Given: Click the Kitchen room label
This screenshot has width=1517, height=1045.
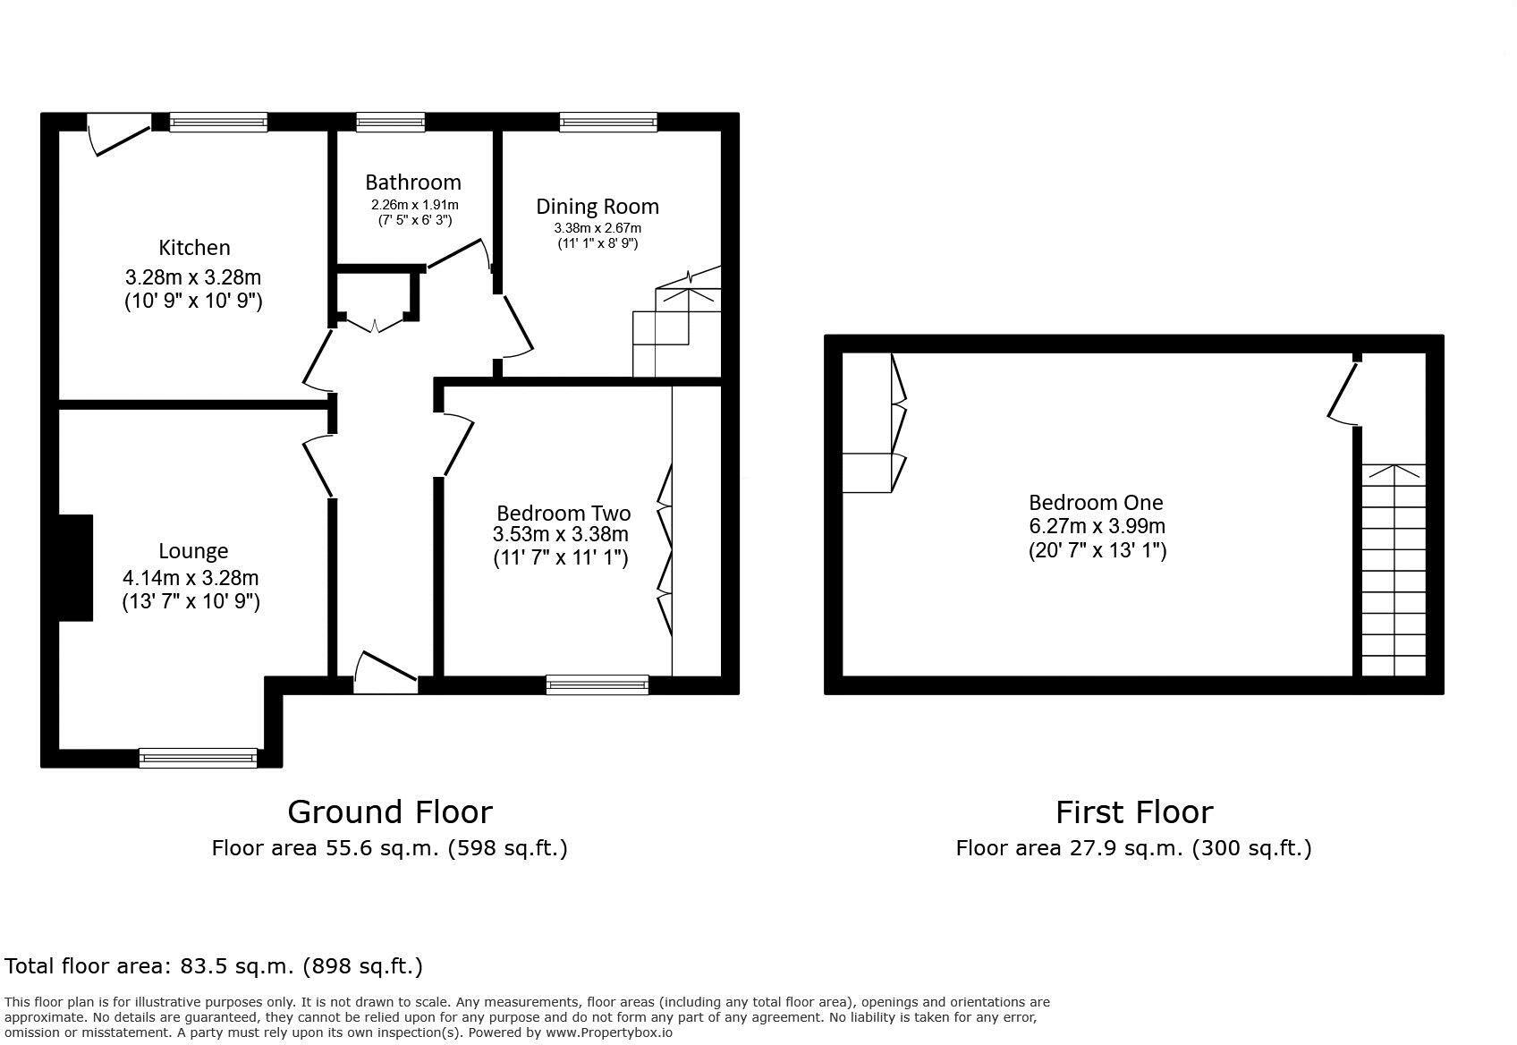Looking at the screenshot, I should point(194,248).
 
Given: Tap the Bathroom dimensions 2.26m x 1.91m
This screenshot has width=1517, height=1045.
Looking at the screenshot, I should point(414,205).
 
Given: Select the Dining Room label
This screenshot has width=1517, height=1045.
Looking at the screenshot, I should point(597,207).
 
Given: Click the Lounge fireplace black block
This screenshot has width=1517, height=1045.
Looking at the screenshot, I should point(76,567).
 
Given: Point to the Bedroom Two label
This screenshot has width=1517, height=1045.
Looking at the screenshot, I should point(564,513).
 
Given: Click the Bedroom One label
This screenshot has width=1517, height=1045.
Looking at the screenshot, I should point(1096,502).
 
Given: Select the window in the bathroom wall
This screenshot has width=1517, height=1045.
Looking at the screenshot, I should point(390,122).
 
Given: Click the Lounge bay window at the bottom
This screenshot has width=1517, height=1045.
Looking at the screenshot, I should point(199,758).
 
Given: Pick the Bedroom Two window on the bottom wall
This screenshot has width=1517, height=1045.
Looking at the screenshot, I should point(597,684).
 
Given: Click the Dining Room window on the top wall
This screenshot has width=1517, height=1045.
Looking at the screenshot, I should point(608,122).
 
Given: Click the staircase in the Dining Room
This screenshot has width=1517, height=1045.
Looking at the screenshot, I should point(675,322).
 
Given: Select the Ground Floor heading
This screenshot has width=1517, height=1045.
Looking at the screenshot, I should point(389,811).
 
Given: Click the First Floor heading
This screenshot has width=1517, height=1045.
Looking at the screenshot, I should point(1133,811).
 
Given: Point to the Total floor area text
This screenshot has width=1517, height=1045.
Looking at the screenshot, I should point(214,965).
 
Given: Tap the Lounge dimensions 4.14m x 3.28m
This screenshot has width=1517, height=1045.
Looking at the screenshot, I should point(191,578).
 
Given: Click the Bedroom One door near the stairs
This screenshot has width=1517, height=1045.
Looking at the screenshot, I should point(1342,394).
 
